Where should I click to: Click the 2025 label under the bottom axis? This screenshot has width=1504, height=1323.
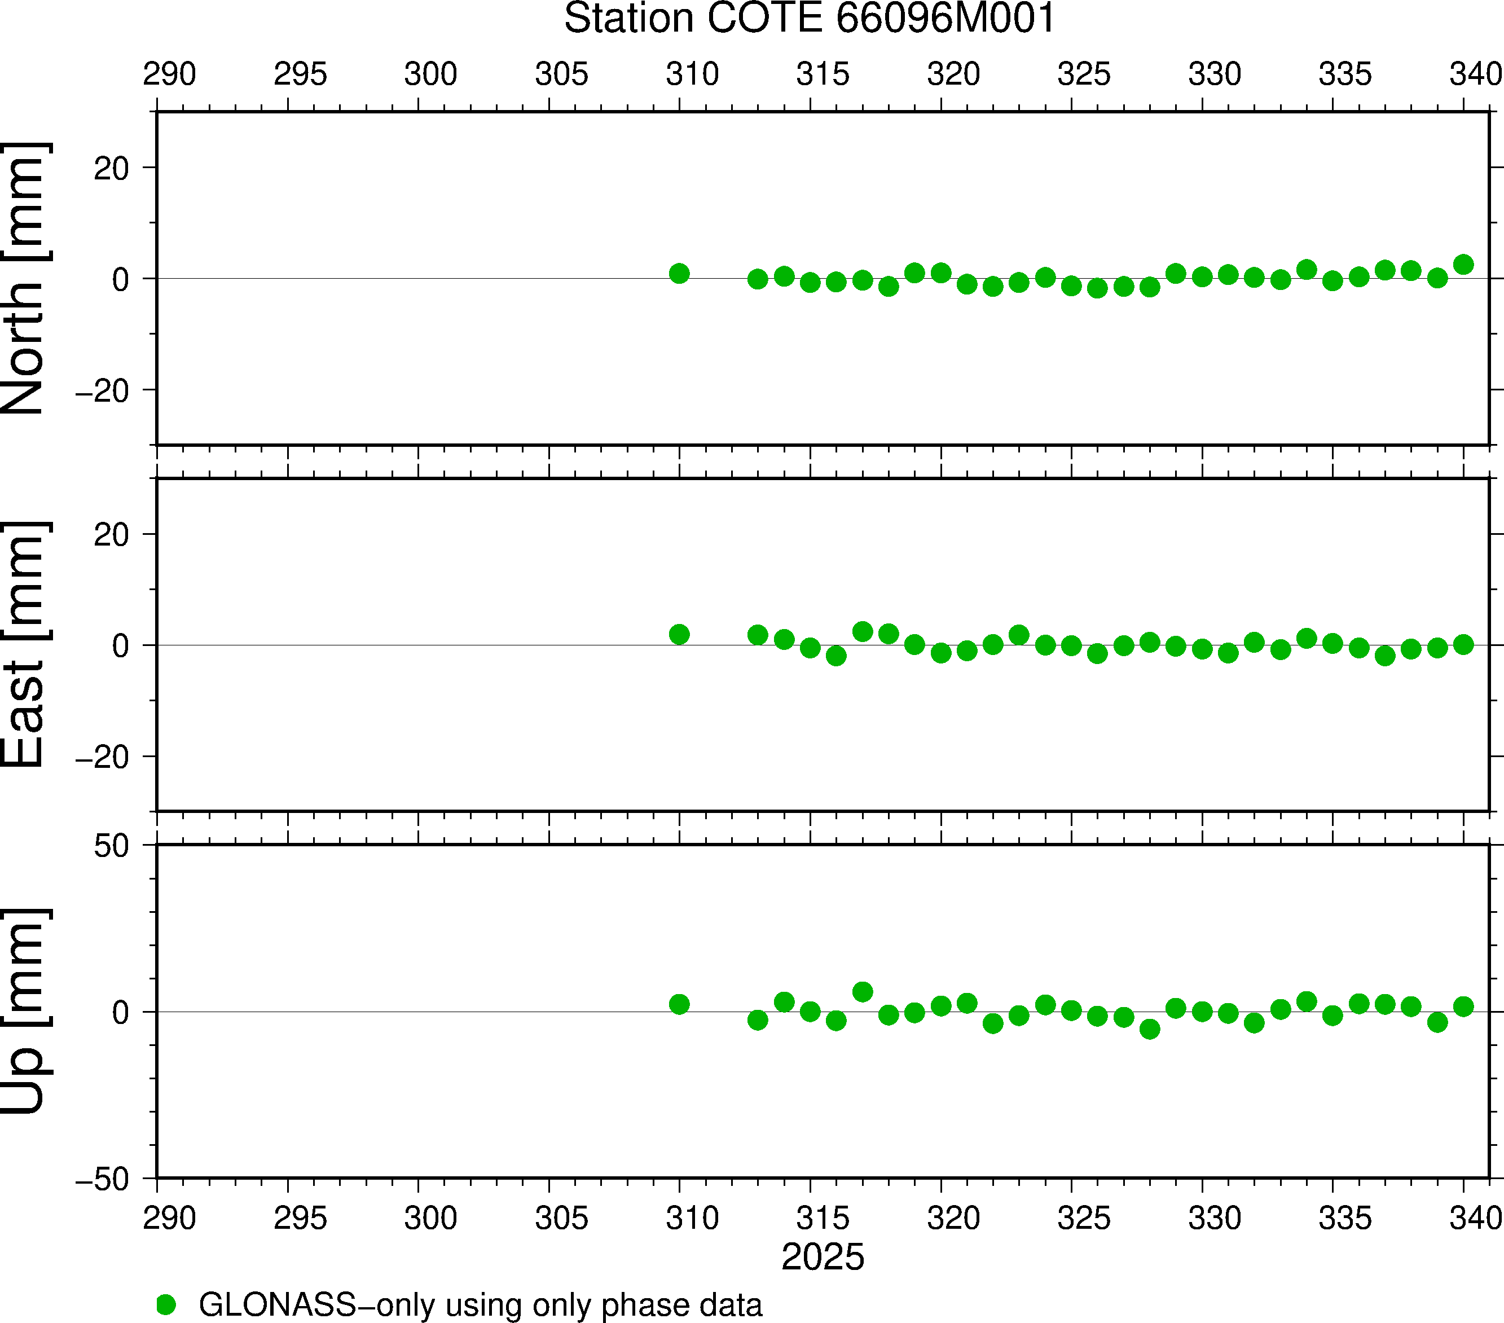tap(823, 1257)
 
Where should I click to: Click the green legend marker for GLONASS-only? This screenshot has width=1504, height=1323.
tap(166, 1304)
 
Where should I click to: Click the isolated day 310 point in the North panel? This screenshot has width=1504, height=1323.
tap(679, 274)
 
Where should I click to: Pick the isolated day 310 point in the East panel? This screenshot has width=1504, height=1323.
tap(679, 634)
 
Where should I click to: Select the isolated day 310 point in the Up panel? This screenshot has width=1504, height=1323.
tap(679, 1004)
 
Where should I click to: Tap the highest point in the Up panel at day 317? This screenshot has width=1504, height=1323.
tap(863, 992)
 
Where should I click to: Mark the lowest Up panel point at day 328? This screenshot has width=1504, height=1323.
tap(1149, 1028)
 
